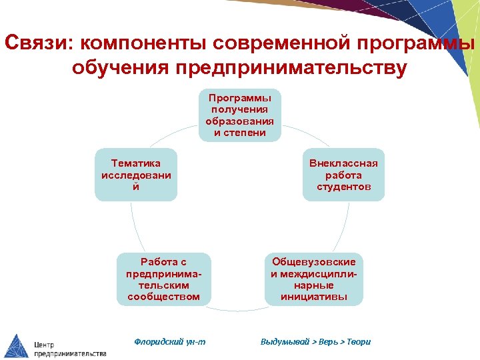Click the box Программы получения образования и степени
pyautogui.click(x=240, y=115)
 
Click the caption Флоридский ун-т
pyautogui.click(x=170, y=342)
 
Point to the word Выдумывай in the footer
pyautogui.click(x=285, y=342)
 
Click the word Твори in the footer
pyautogui.click(x=358, y=342)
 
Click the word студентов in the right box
pyautogui.click(x=343, y=187)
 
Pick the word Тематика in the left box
pyautogui.click(x=136, y=163)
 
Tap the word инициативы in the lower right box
pyautogui.click(x=314, y=297)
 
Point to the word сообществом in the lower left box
pyautogui.click(x=163, y=297)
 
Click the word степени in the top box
pyautogui.click(x=240, y=133)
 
